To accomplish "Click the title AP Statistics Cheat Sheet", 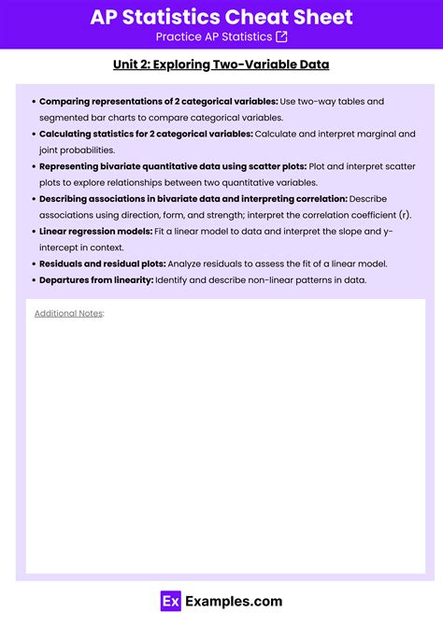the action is (221, 16).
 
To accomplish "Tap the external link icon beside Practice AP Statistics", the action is (282, 36).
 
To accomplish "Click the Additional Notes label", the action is (69, 313).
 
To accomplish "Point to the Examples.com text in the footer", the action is (234, 602).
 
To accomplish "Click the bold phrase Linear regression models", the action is (95, 231).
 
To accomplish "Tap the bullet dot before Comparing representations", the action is (34, 101).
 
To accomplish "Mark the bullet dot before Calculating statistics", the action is (34, 134).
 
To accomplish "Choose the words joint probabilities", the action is (78, 149).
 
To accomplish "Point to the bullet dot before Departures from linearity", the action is (34, 280).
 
